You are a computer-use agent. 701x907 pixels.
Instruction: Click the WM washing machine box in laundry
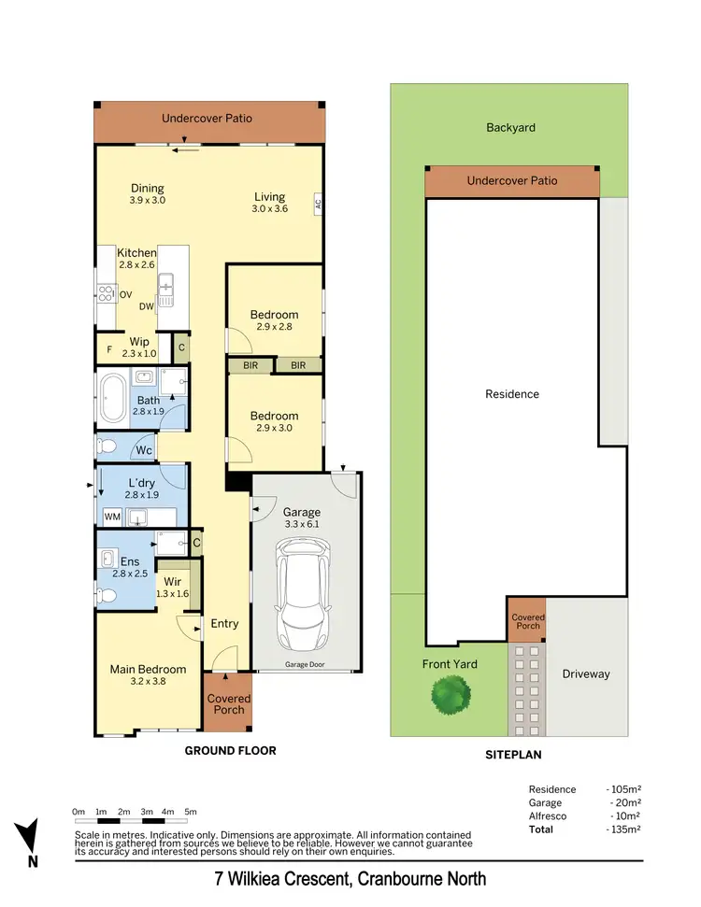pyautogui.click(x=112, y=516)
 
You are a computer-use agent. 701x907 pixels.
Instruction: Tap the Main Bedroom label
pyautogui.click(x=148, y=669)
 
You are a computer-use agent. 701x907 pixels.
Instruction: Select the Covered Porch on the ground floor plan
pyautogui.click(x=228, y=703)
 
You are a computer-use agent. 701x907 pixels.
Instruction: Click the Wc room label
pyautogui.click(x=144, y=449)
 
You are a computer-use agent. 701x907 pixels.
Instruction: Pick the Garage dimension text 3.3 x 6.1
pyautogui.click(x=302, y=525)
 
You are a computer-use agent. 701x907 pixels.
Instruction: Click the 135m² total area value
pyautogui.click(x=625, y=829)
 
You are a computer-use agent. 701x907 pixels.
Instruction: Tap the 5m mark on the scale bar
pyautogui.click(x=191, y=812)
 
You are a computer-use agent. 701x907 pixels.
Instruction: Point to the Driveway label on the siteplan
pyautogui.click(x=585, y=673)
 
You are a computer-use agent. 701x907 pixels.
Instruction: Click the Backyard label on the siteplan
pyautogui.click(x=510, y=127)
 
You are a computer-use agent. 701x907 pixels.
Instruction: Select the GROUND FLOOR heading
pyautogui.click(x=230, y=750)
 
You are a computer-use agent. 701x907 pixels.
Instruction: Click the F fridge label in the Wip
pyautogui.click(x=109, y=351)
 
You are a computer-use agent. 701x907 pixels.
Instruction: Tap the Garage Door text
pyautogui.click(x=305, y=665)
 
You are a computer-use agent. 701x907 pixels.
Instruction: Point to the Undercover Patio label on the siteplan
pyautogui.click(x=512, y=181)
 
